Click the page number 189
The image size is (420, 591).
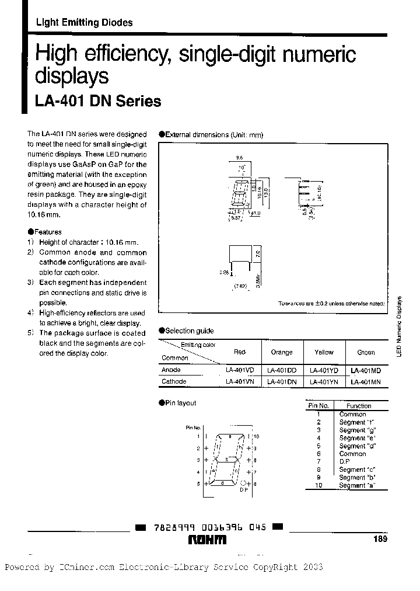[380, 540]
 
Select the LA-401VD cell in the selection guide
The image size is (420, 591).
[239, 370]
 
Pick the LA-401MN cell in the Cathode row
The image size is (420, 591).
[366, 382]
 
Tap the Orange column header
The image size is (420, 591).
[282, 352]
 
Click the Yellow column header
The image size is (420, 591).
[324, 352]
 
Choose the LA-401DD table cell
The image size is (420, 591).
[282, 370]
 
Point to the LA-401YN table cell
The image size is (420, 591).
[324, 382]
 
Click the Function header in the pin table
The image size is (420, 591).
[359, 406]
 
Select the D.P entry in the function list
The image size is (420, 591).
[344, 461]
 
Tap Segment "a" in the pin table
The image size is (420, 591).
[357, 485]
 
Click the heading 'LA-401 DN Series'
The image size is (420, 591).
[98, 101]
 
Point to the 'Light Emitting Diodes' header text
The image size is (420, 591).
[84, 23]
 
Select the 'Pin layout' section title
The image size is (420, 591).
[181, 403]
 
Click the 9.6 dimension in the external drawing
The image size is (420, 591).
[239, 158]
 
